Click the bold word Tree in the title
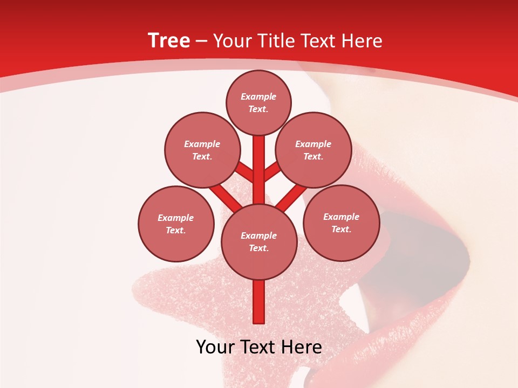tap(169, 40)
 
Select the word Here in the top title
tap(363, 41)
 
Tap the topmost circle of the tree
tap(258, 102)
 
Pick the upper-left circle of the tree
tap(202, 150)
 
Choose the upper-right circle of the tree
tap(313, 150)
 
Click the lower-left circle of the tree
tap(176, 224)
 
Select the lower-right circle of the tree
tap(341, 223)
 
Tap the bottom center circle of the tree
tap(259, 241)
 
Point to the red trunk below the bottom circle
tap(259, 302)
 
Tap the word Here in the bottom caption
tap(301, 347)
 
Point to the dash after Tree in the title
tap(201, 41)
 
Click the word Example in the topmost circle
tap(258, 96)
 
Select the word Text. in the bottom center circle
tap(259, 248)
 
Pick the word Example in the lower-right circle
tap(341, 217)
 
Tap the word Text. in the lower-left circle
tap(176, 230)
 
